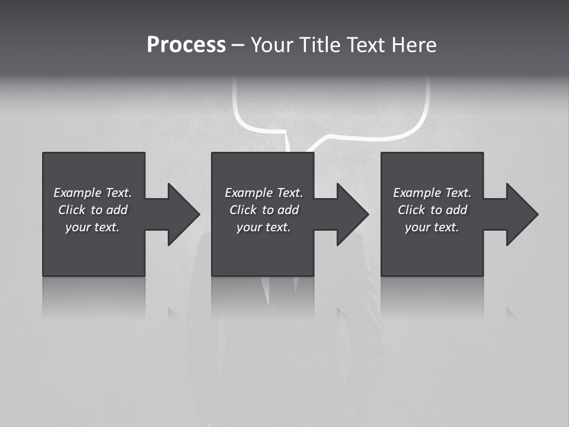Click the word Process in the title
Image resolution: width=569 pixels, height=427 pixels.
[x=186, y=45]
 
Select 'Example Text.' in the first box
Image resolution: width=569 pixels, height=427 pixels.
[x=92, y=193]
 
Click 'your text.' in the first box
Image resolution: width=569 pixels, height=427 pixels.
[x=92, y=227]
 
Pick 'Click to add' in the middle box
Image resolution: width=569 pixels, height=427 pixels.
[x=264, y=210]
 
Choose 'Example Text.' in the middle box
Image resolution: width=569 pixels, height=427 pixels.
[x=264, y=193]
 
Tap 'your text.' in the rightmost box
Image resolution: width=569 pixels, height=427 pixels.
[x=432, y=227]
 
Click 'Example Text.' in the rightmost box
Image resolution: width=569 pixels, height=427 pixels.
[x=432, y=193]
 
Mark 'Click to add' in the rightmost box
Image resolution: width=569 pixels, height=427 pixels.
[x=432, y=210]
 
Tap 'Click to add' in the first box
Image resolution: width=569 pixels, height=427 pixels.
[x=92, y=210]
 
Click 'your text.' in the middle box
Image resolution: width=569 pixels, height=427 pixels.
[x=264, y=227]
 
